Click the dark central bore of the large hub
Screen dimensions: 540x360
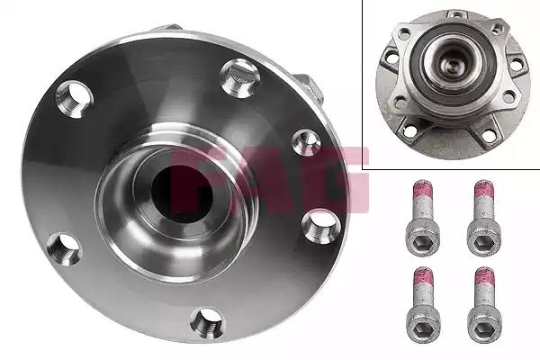point(182,193)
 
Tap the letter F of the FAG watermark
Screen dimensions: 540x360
point(193,179)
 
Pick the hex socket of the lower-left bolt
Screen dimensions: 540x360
point(423,329)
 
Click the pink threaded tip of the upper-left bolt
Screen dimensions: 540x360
point(423,192)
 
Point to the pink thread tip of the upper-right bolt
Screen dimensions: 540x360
point(484,192)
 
